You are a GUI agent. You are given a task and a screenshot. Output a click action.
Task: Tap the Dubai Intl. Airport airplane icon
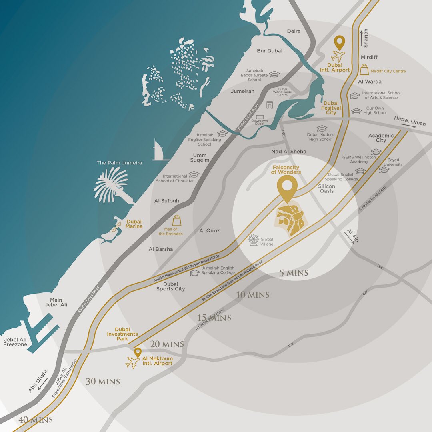point(338,56)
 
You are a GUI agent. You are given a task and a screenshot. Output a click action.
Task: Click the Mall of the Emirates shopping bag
point(177,221)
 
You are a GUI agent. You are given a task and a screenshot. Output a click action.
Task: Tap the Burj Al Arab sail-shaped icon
point(157,150)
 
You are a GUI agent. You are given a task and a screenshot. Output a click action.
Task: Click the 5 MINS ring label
point(294,273)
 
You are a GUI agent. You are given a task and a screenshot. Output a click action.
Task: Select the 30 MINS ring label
point(103,382)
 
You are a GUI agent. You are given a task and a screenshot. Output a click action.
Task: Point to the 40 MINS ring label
point(35,420)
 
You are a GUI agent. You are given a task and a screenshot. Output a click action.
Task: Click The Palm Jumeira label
point(119,163)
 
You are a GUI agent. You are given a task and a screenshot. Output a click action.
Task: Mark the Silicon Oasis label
point(327,188)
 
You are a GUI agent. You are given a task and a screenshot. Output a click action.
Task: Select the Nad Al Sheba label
point(289,152)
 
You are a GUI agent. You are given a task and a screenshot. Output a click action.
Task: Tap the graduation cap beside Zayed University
point(384,170)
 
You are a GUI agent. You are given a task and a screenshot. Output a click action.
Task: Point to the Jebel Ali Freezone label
point(15,342)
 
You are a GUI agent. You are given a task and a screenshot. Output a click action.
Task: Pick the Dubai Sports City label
point(170,286)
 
